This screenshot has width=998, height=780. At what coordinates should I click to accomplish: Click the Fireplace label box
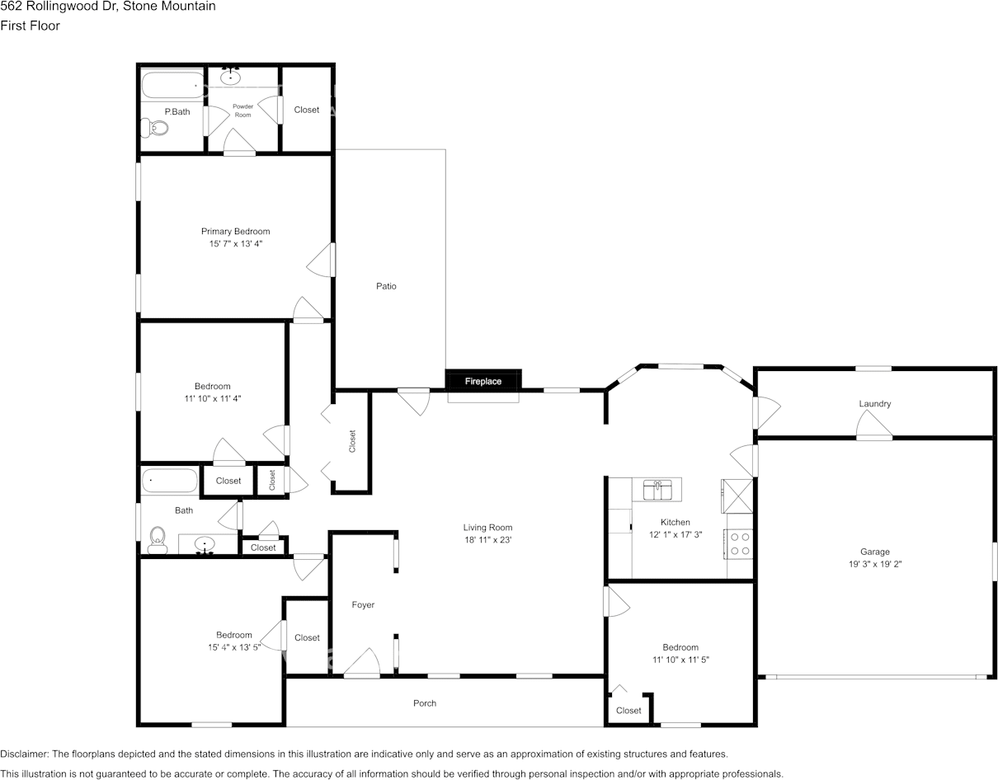[x=483, y=381]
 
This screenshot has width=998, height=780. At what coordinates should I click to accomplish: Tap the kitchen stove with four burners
[x=739, y=544]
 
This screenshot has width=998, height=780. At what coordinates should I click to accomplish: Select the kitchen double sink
[x=657, y=490]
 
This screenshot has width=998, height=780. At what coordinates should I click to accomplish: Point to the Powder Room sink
[x=230, y=76]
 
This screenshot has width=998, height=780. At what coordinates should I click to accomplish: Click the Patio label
[x=386, y=286]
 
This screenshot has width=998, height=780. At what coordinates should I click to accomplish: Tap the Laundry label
[x=875, y=403]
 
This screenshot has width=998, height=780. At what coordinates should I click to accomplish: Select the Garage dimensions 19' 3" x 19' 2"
[x=875, y=564]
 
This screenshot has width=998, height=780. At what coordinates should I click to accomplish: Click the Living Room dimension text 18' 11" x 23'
[x=487, y=540]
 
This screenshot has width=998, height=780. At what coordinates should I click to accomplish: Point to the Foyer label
[x=363, y=604]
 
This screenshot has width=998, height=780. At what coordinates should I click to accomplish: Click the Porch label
[x=425, y=702]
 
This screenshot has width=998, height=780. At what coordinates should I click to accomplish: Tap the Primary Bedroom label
[x=236, y=232]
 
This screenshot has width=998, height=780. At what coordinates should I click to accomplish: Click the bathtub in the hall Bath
[x=169, y=481]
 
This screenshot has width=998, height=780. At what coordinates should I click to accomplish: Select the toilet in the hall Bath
[x=158, y=540]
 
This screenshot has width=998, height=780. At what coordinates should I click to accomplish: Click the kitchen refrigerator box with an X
[x=737, y=496]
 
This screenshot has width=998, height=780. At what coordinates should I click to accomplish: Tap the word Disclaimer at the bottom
[x=25, y=754]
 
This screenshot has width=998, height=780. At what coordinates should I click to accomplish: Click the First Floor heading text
[x=30, y=26]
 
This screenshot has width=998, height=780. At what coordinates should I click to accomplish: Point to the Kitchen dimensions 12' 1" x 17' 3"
[x=676, y=535]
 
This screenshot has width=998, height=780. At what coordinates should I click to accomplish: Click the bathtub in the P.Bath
[x=172, y=85]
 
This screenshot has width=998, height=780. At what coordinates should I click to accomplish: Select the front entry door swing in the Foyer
[x=362, y=662]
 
